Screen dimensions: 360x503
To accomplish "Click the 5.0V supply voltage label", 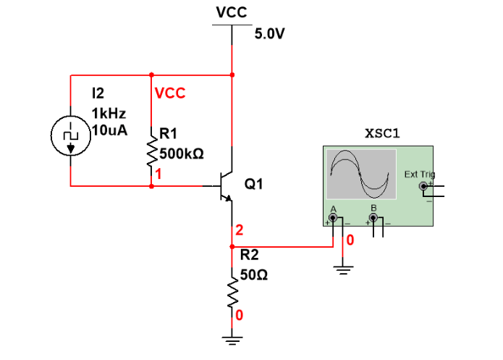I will point(271,35).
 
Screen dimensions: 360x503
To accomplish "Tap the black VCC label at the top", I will point(232,13).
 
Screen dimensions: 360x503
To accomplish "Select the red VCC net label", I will point(170,93).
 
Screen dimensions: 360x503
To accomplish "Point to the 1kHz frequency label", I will point(106,114).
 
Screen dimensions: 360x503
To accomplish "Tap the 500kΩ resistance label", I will point(181,154).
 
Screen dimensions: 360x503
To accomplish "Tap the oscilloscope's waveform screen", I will point(361,174).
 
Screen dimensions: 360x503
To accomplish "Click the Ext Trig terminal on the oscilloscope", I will point(424,186).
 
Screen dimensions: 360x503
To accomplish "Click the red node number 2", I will point(238,231).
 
